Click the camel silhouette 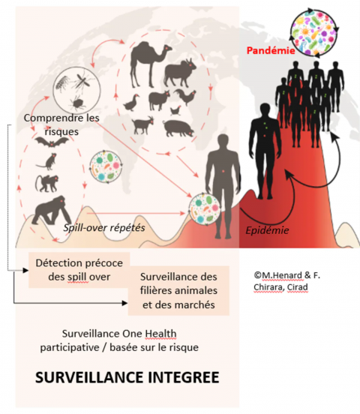[x=148, y=63]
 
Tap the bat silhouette [x=52, y=142]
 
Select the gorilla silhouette [x=52, y=211]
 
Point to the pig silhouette [x=178, y=128]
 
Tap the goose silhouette [x=131, y=103]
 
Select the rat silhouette [x=47, y=161]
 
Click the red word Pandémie [x=271, y=50]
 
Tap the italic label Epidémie [x=267, y=230]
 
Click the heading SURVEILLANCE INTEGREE [x=127, y=376]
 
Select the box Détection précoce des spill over [x=79, y=270]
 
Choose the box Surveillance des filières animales [x=178, y=291]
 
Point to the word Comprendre [x=51, y=118]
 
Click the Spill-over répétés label [x=104, y=227]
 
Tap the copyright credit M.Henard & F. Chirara [x=286, y=281]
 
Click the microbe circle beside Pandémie [x=313, y=32]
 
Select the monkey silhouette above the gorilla [x=47, y=183]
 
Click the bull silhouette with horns [x=180, y=73]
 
